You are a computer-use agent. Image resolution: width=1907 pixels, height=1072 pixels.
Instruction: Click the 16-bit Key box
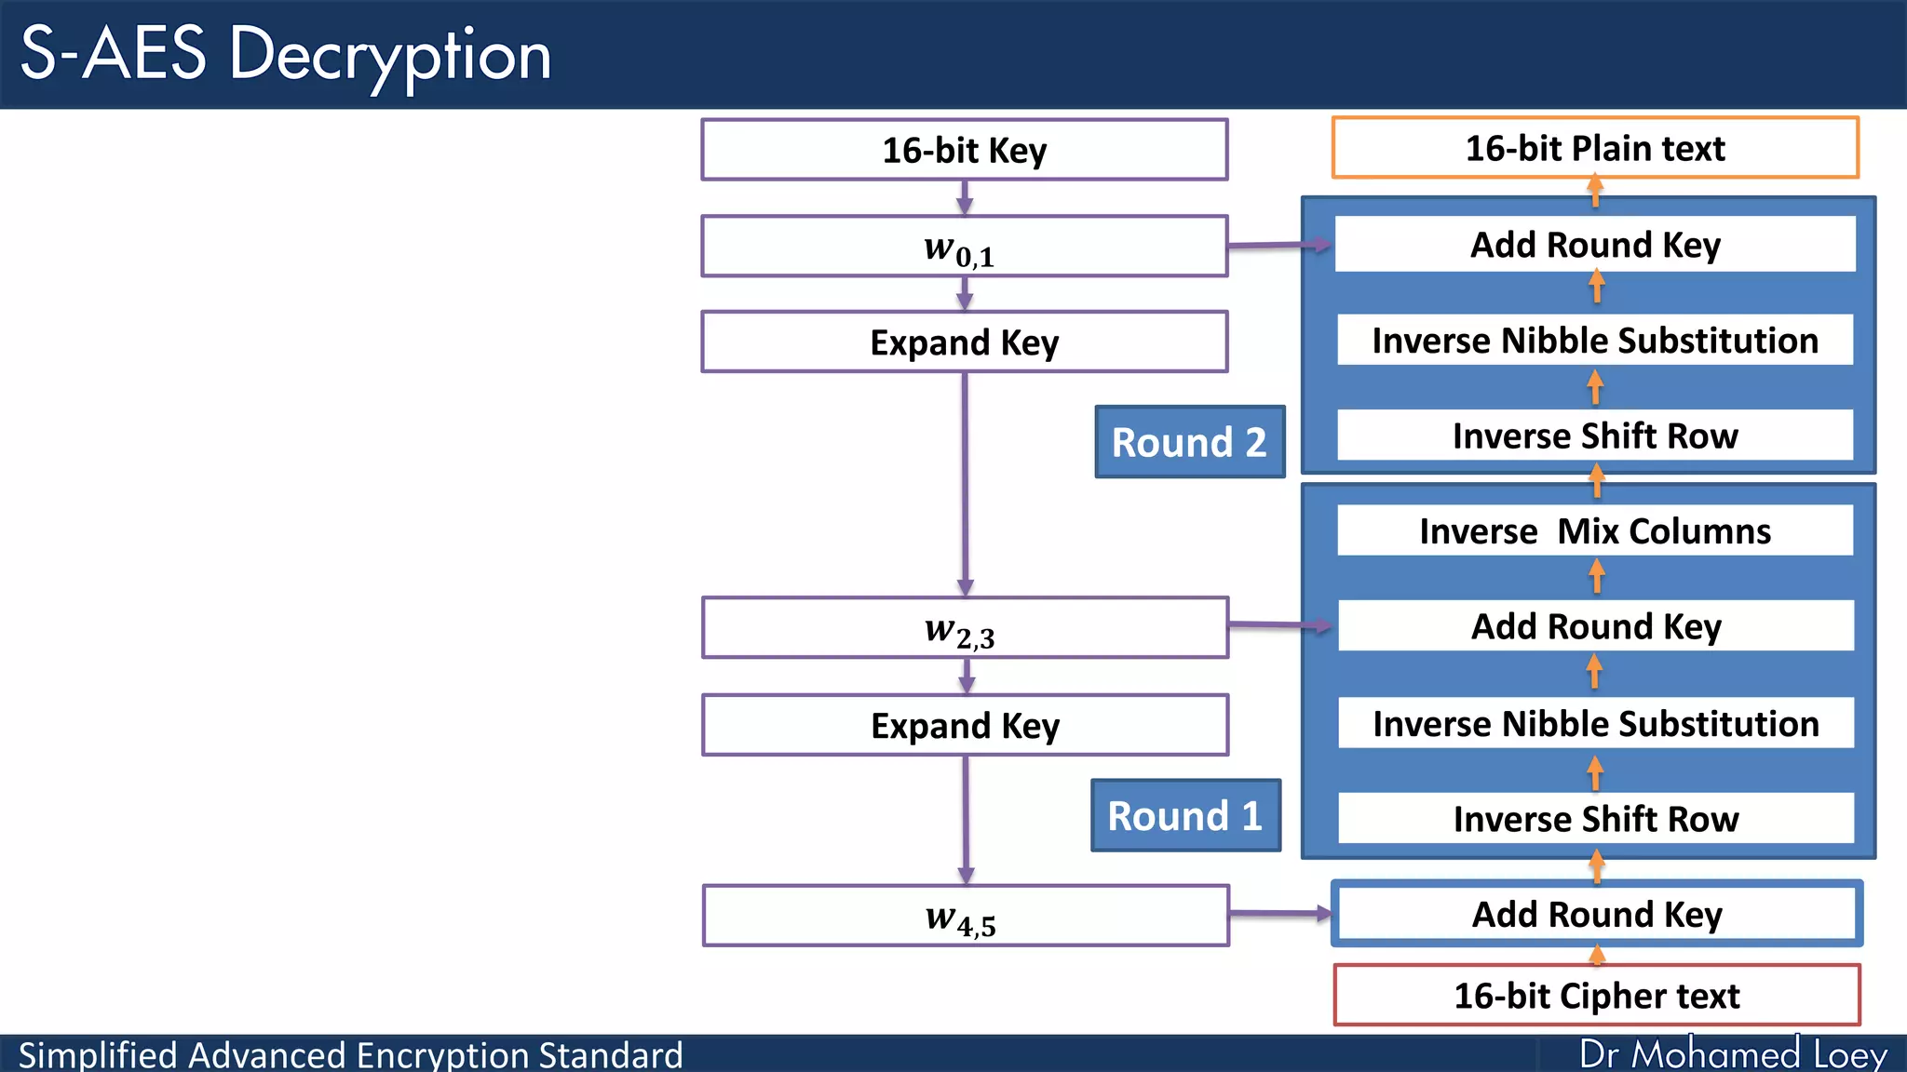tap(964, 150)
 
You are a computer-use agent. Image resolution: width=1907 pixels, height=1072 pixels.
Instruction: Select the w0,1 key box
tap(964, 247)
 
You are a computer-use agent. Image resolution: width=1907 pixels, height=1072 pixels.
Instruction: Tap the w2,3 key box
tap(965, 628)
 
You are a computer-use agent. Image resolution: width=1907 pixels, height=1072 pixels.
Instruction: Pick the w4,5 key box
tap(966, 916)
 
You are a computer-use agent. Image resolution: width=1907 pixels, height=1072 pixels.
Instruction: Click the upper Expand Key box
tap(964, 342)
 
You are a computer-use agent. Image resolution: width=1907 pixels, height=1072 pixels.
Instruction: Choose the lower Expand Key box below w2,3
tap(965, 725)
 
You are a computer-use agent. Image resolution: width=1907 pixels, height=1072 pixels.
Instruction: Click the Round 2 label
tap(1189, 442)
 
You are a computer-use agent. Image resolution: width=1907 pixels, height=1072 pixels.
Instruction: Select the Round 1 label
tap(1185, 816)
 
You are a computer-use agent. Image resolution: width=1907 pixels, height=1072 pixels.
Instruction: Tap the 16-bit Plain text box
tap(1595, 148)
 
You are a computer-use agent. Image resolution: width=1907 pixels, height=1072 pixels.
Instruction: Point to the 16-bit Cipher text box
tap(1596, 995)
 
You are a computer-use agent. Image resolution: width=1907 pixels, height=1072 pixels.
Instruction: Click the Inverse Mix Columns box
tap(1595, 531)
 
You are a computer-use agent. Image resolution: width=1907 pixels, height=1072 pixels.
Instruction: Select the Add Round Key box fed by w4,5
tap(1596, 914)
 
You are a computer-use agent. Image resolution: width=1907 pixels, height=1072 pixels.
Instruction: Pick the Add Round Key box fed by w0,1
tap(1595, 245)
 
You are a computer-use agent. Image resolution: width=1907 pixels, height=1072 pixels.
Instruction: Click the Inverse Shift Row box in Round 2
tap(1595, 435)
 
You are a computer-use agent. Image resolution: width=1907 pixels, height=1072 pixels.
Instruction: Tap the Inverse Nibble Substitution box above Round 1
tap(1595, 723)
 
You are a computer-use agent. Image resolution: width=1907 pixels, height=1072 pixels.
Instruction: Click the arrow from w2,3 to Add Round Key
tap(1280, 625)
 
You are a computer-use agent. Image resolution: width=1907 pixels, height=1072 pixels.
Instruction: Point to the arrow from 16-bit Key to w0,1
tap(965, 197)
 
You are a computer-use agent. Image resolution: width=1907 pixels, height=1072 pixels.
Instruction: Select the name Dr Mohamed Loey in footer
tap(1733, 1054)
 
